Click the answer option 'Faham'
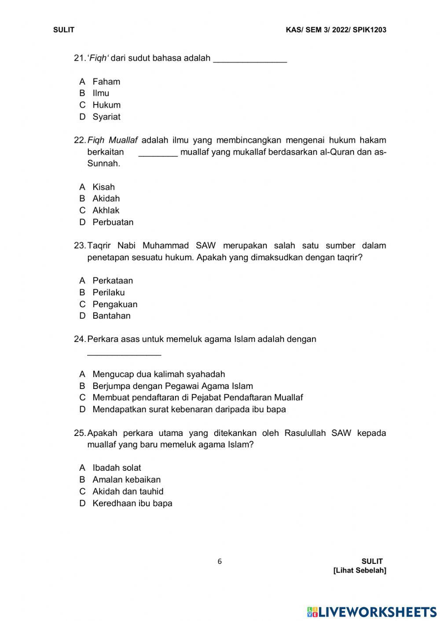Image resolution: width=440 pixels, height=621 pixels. coord(106,81)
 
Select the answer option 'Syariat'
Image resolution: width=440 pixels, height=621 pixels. coord(106,117)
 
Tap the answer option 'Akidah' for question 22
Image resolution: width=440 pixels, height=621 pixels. coord(106,199)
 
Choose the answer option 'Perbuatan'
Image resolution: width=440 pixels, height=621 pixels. coord(113,222)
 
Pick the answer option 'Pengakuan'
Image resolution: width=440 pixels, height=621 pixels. coord(114,304)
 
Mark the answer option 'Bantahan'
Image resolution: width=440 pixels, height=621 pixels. coord(111,316)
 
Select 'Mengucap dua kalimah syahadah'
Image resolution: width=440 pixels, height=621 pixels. coord(158,374)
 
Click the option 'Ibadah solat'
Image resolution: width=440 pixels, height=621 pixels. coord(117,468)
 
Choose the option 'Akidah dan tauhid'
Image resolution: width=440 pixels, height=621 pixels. coord(128,491)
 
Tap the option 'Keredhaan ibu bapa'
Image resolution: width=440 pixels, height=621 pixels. coord(132,504)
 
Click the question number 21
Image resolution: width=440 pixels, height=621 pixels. coord(79,58)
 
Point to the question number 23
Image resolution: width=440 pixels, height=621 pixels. coord(80,246)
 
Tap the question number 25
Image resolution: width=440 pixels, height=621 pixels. coord(80,433)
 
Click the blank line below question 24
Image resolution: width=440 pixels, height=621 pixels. coord(124,354)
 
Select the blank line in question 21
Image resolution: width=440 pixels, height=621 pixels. coord(250,62)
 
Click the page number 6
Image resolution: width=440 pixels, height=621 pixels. coord(220,561)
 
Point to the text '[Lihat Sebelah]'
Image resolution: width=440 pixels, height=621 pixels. coord(360,570)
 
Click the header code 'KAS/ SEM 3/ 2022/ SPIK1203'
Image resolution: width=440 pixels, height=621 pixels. coord(336,30)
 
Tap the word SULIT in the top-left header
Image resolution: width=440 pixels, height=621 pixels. coord(64,30)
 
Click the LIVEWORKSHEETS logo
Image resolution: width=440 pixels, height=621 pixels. coord(372,612)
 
